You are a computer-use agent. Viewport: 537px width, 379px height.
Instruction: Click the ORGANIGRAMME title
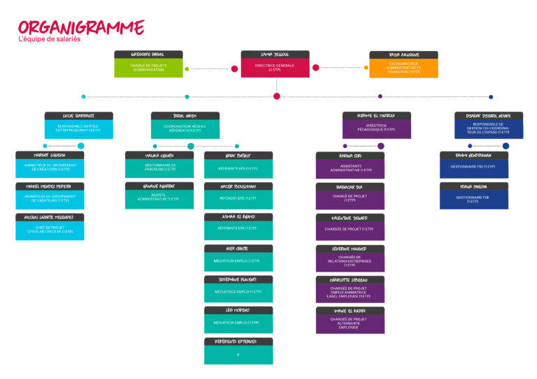pyautogui.click(x=81, y=27)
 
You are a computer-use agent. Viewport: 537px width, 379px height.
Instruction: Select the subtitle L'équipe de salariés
pyautogui.click(x=50, y=40)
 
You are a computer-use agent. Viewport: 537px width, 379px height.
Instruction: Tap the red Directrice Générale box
pyautogui.click(x=275, y=67)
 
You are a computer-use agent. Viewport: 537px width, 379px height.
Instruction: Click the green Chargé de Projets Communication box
pyautogui.click(x=148, y=68)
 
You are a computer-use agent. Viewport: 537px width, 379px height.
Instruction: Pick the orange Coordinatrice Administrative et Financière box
pyautogui.click(x=403, y=68)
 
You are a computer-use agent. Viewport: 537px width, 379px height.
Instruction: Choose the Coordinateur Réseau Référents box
pyautogui.click(x=185, y=129)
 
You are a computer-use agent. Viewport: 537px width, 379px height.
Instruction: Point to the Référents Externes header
pyautogui.click(x=238, y=341)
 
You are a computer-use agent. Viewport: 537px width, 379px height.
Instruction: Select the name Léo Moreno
pyautogui.click(x=238, y=310)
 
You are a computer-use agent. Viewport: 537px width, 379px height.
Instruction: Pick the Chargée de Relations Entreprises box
pyautogui.click(x=350, y=261)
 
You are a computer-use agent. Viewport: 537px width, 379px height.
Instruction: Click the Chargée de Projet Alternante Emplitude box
pyautogui.click(x=350, y=322)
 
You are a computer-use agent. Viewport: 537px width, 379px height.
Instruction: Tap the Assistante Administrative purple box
pyautogui.click(x=350, y=168)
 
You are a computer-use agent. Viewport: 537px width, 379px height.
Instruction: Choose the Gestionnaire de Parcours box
pyautogui.click(x=159, y=168)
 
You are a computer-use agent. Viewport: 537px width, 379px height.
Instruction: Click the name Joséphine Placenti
pyautogui.click(x=238, y=279)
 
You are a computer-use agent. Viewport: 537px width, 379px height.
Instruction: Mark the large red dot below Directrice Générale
pyautogui.click(x=277, y=96)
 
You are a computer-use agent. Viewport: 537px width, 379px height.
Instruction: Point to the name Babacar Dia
pyautogui.click(x=350, y=187)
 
